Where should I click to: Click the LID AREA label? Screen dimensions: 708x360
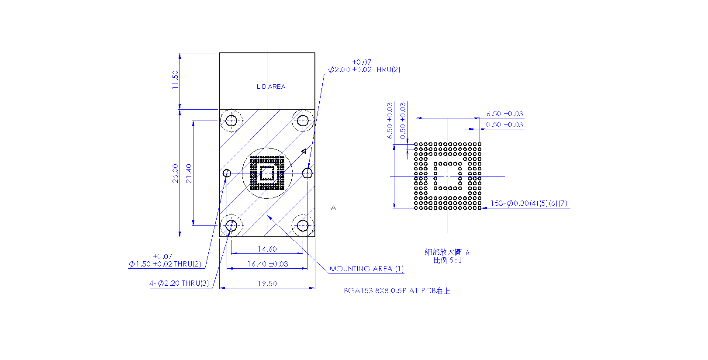(271, 87)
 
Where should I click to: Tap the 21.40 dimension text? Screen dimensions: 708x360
(189, 173)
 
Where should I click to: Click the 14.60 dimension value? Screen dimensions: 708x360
(267, 249)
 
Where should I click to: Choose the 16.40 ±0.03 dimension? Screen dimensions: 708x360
(268, 264)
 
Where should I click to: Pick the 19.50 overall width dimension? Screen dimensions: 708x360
(267, 284)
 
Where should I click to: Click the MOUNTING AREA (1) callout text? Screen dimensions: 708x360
(366, 269)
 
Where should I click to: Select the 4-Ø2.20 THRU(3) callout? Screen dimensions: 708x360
(179, 283)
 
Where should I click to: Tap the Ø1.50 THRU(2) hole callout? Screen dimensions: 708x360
(165, 260)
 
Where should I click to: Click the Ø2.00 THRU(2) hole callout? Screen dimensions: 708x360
(364, 66)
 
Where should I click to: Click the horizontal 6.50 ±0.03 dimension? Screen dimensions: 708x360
(505, 114)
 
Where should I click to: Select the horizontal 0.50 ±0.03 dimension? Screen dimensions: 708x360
(505, 125)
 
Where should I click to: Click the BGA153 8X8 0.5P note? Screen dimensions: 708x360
(397, 291)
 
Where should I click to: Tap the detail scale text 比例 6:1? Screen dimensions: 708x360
(448, 260)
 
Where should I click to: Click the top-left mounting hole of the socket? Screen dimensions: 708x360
(231, 121)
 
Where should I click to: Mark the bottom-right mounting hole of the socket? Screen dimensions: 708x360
(303, 226)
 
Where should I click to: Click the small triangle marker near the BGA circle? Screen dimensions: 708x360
(304, 152)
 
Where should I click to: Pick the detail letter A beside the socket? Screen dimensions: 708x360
(333, 208)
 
